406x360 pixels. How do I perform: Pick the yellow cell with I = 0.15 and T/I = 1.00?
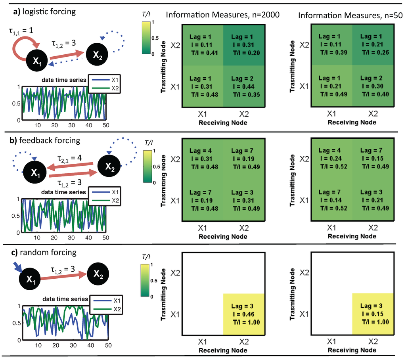click(x=373, y=314)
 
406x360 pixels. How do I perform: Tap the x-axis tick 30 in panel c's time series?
click(x=73, y=345)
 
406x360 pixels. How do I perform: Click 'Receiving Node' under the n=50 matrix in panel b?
click(x=351, y=236)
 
